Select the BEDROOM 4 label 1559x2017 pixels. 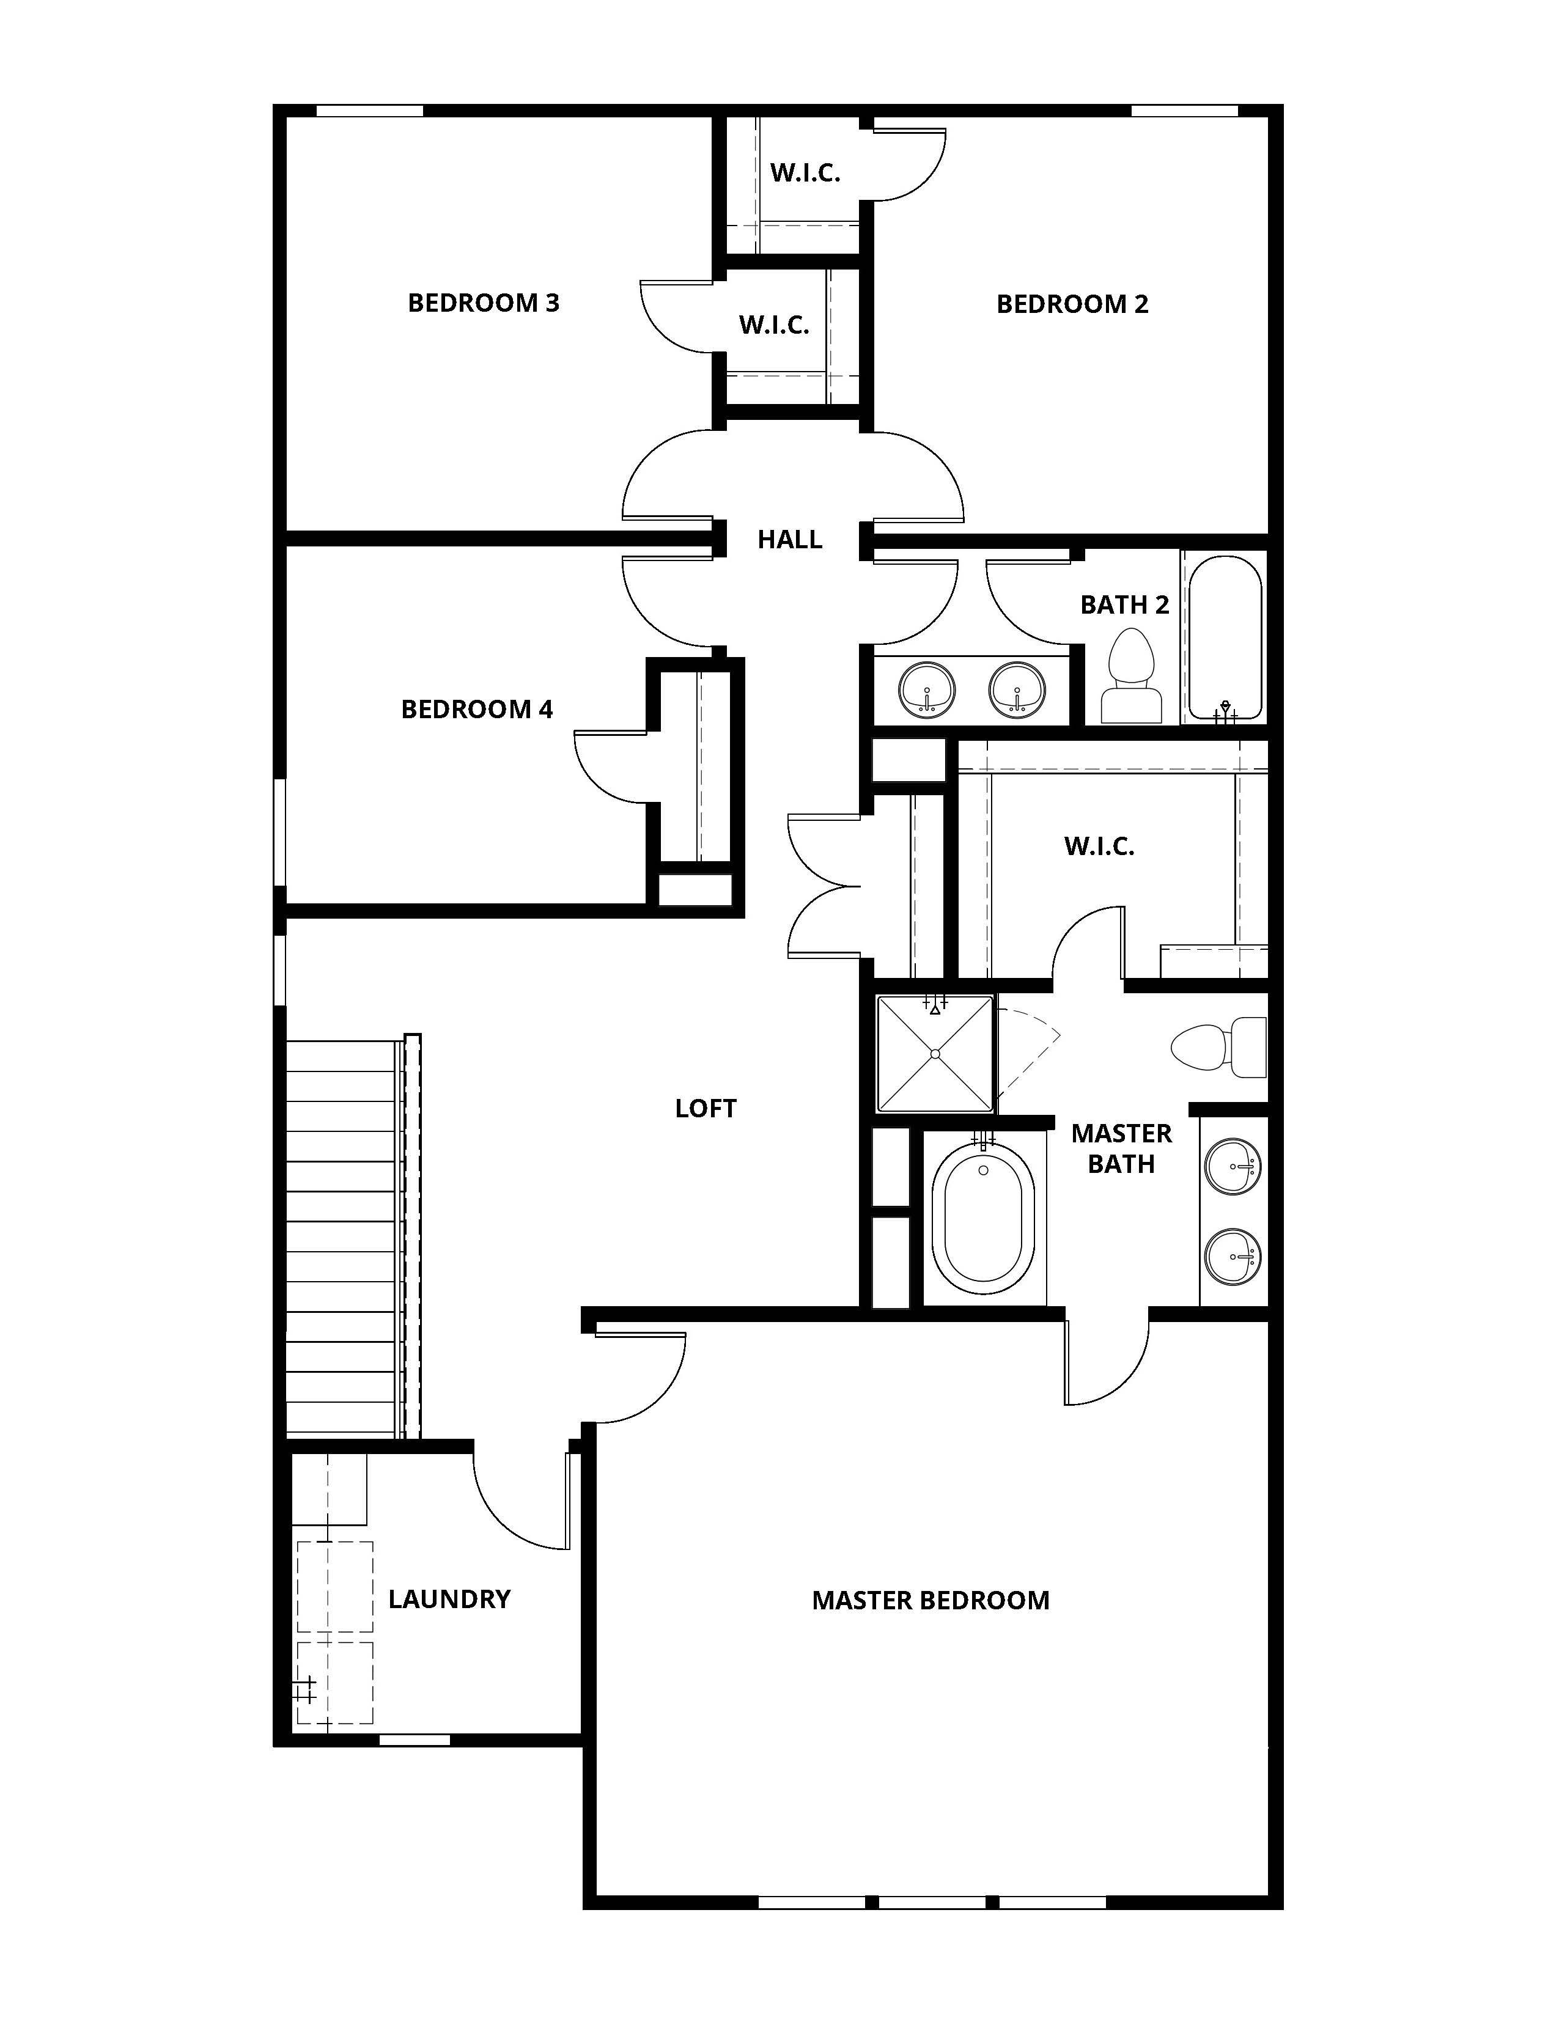pyautogui.click(x=477, y=709)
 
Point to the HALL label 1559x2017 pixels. pyautogui.click(x=790, y=539)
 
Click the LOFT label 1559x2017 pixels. pyautogui.click(x=706, y=1108)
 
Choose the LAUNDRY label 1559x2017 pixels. pyautogui.click(x=449, y=1600)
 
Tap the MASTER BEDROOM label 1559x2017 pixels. pyautogui.click(x=930, y=1601)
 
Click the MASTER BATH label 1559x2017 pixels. pyautogui.click(x=1121, y=1148)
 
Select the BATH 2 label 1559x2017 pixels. pyautogui.click(x=1124, y=605)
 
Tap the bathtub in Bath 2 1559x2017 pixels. pyautogui.click(x=1225, y=637)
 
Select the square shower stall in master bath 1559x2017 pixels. pyautogui.click(x=935, y=1053)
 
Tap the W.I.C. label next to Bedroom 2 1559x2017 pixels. pyautogui.click(x=805, y=173)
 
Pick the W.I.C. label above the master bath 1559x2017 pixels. pyautogui.click(x=1099, y=846)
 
